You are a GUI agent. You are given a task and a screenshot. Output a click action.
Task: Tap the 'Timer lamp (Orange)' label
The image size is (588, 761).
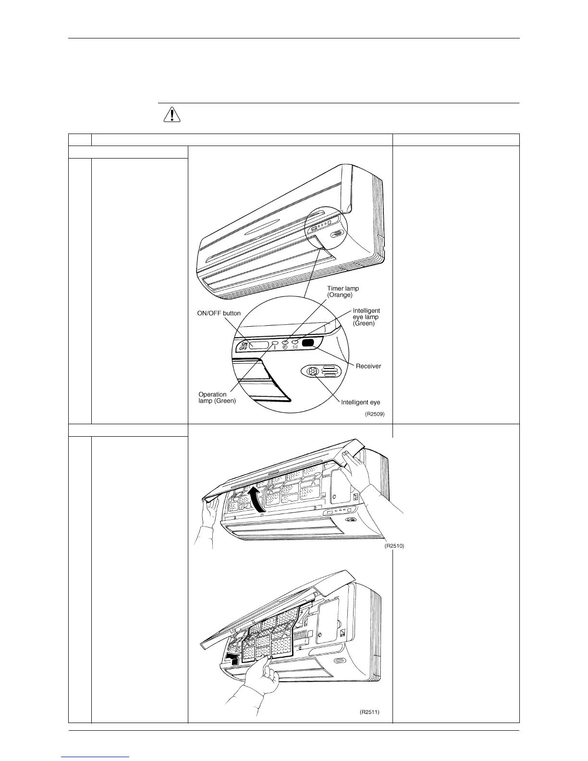[343, 292]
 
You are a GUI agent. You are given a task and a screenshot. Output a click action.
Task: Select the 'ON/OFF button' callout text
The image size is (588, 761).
[219, 313]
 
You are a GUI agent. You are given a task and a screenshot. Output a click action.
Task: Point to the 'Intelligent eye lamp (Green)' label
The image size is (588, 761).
[366, 317]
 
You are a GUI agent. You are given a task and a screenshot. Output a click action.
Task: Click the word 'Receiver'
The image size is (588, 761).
[368, 366]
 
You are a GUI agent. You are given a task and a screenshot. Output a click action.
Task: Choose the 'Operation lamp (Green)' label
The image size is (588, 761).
[217, 398]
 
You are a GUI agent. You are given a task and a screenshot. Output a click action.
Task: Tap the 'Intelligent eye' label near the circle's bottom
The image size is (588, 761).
[360, 402]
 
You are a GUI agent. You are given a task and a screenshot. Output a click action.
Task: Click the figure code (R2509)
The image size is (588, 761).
[375, 414]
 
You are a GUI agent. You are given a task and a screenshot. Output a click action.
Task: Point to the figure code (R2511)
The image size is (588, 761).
[369, 712]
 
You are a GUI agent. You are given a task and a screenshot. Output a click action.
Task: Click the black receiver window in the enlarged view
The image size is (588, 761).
[308, 343]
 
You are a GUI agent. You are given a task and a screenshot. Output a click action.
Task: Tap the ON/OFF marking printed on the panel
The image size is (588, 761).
[244, 346]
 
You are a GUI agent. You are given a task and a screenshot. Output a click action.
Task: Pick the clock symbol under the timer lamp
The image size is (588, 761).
[285, 347]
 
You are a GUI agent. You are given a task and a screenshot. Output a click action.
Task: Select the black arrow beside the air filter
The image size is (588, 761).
[232, 655]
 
